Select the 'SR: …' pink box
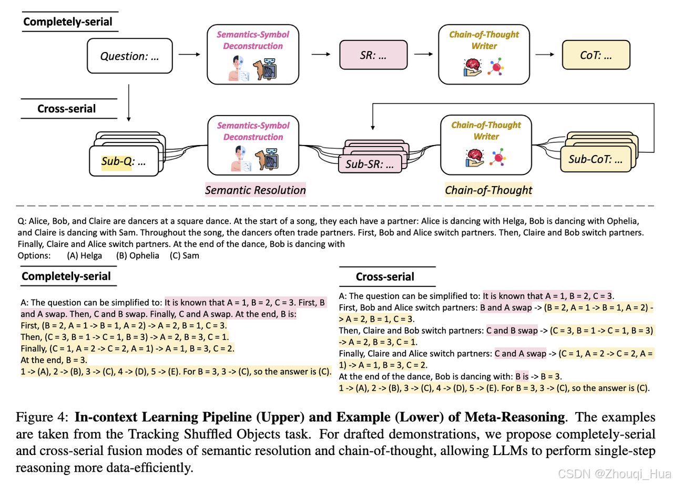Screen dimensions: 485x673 (x=374, y=55)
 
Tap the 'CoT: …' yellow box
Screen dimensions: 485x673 (x=596, y=55)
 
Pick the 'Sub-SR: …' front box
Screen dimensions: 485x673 (x=369, y=164)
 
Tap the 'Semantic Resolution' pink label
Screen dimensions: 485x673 (x=256, y=190)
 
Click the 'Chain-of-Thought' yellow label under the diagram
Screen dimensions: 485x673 (x=488, y=190)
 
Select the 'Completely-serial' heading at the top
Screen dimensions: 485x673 (x=68, y=22)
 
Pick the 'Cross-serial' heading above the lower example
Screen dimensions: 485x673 (x=385, y=276)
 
